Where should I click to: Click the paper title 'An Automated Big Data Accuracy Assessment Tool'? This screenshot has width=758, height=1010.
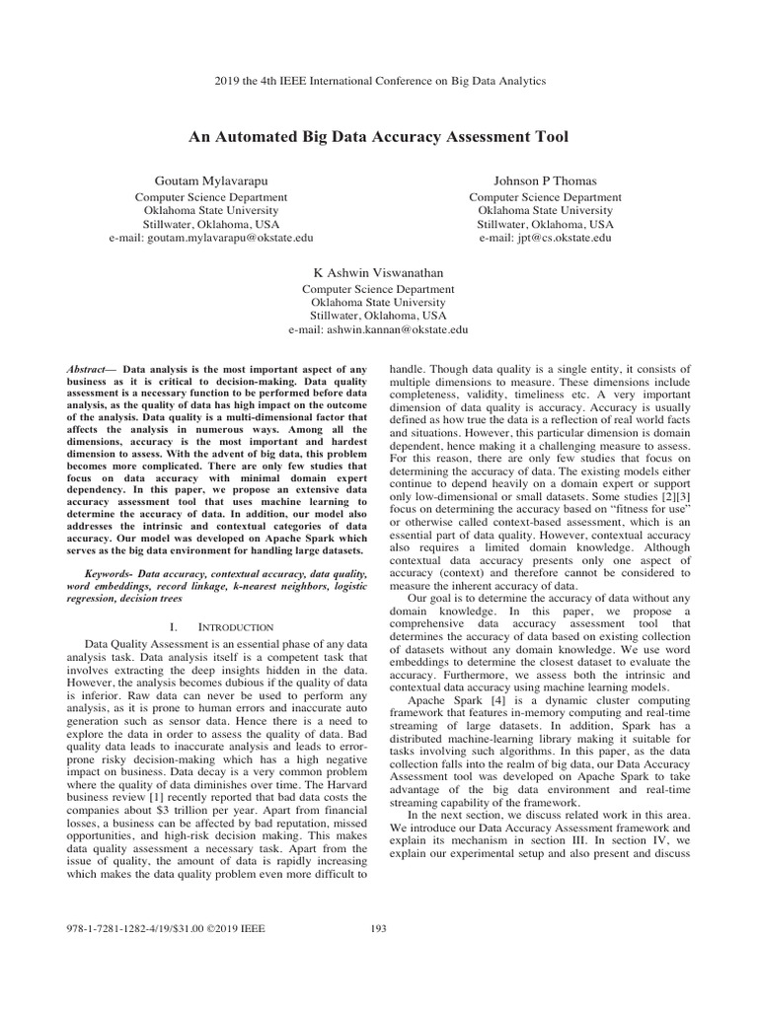point(379,135)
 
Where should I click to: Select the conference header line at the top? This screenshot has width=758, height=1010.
point(379,81)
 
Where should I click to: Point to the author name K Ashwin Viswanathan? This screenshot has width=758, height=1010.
point(378,273)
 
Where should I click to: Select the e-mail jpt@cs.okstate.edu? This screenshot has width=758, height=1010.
point(545,238)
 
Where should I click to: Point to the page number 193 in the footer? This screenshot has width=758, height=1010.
point(378,927)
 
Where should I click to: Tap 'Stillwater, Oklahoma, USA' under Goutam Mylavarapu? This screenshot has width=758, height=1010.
point(211,224)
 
